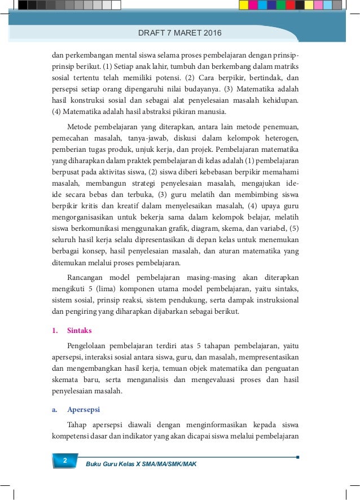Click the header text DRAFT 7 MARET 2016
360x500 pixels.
(180, 34)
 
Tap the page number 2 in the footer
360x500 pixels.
(65, 462)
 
